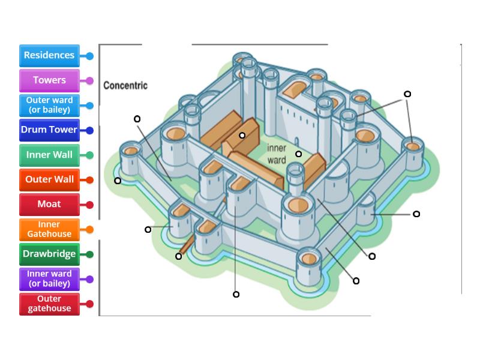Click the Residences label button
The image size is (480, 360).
pyautogui.click(x=49, y=55)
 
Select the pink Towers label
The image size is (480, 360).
pyautogui.click(x=49, y=80)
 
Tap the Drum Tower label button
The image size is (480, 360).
pyautogui.click(x=49, y=130)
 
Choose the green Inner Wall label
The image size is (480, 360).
pyautogui.click(x=49, y=155)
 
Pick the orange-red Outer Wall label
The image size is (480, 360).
pyautogui.click(x=49, y=179)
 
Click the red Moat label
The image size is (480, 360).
pyautogui.click(x=49, y=204)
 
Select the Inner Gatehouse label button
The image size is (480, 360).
pyautogui.click(x=49, y=229)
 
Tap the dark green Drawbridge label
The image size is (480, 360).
pyautogui.click(x=49, y=254)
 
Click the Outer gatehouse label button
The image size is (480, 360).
pyautogui.click(x=49, y=304)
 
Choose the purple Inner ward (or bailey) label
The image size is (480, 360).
pyautogui.click(x=49, y=279)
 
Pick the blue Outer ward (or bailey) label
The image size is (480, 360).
pyautogui.click(x=49, y=105)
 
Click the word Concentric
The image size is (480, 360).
pyautogui.click(x=125, y=85)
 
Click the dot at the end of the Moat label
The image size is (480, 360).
pyautogui.click(x=89, y=205)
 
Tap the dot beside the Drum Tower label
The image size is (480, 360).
pyautogui.click(x=89, y=130)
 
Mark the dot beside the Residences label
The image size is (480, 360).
pyautogui.click(x=89, y=56)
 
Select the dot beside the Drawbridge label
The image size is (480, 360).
pyautogui.click(x=89, y=254)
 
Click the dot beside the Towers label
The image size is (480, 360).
pyautogui.click(x=89, y=80)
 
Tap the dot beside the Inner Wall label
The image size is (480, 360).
pyautogui.click(x=89, y=155)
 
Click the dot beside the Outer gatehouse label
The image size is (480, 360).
pyautogui.click(x=89, y=304)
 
